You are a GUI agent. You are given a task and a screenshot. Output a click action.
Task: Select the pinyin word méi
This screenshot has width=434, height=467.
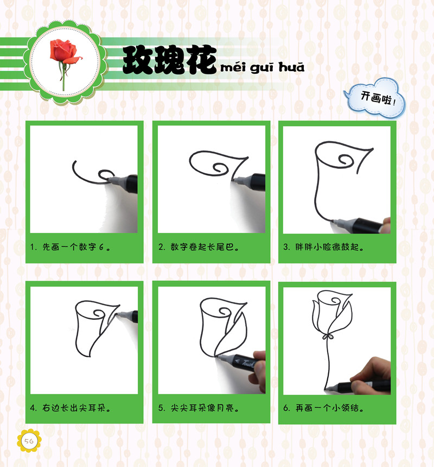point(233,68)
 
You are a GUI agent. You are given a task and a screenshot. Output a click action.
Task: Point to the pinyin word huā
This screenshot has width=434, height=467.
point(291,67)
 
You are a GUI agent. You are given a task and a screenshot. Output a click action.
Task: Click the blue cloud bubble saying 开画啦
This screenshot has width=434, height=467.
point(375,97)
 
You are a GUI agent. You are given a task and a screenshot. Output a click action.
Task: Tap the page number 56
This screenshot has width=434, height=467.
point(29,441)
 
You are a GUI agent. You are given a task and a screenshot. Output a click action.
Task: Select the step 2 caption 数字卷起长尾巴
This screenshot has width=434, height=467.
point(199,247)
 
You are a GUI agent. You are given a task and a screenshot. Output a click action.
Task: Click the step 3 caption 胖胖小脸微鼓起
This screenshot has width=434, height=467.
point(324,247)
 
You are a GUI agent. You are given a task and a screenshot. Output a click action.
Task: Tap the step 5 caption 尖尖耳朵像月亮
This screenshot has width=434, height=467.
point(199,408)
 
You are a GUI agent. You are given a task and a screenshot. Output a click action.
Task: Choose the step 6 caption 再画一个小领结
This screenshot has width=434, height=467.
point(324,408)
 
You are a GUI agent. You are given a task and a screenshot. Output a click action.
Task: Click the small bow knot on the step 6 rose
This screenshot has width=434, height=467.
point(328,337)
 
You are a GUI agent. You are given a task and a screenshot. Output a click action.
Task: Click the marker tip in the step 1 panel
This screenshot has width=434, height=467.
point(110,180)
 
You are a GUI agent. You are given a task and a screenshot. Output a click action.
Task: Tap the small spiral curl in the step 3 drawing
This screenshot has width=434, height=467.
point(346,160)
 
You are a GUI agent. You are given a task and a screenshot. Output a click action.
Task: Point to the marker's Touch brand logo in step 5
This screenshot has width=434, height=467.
point(247,363)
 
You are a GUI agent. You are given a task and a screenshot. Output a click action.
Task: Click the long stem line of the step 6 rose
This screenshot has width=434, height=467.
point(327,364)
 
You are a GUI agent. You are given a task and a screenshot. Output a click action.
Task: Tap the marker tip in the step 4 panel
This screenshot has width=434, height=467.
point(117,315)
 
